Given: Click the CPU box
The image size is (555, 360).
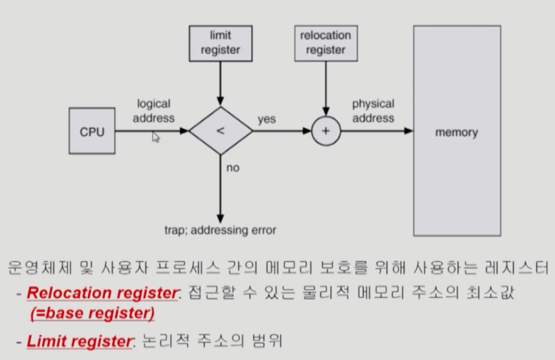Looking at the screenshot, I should (x=92, y=131).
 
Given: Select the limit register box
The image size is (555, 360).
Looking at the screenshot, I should (x=220, y=43).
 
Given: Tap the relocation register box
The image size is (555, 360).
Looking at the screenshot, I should (x=326, y=43).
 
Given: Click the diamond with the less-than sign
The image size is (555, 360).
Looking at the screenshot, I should (x=221, y=131).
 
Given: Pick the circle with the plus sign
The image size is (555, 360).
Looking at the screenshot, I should (x=326, y=131).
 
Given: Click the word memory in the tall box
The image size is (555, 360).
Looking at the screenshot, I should (x=456, y=132).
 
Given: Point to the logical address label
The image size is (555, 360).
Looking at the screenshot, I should (x=154, y=111).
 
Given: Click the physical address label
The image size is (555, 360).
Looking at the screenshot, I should (x=373, y=111).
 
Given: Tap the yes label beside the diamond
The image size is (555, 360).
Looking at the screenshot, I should (x=267, y=119).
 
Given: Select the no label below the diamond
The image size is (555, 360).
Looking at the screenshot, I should (x=233, y=167).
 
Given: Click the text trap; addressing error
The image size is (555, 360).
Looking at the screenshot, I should (x=220, y=230).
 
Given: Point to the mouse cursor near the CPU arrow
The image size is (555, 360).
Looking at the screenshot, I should (x=156, y=137).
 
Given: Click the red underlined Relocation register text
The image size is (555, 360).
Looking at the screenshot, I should (x=102, y=293).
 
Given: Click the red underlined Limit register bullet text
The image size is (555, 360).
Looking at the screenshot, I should (x=78, y=341).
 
